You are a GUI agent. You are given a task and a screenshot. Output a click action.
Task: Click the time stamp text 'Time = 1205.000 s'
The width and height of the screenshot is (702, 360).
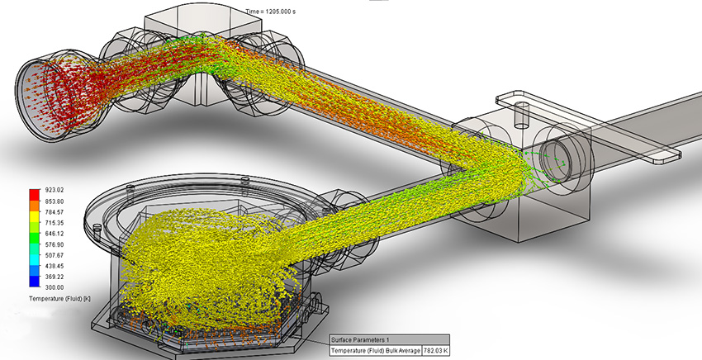coord(278,12)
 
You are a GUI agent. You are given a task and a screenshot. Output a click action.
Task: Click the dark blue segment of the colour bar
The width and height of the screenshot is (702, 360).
coord(34,282)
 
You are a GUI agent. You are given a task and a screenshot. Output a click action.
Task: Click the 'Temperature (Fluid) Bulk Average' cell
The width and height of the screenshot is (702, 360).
coord(375,352)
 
